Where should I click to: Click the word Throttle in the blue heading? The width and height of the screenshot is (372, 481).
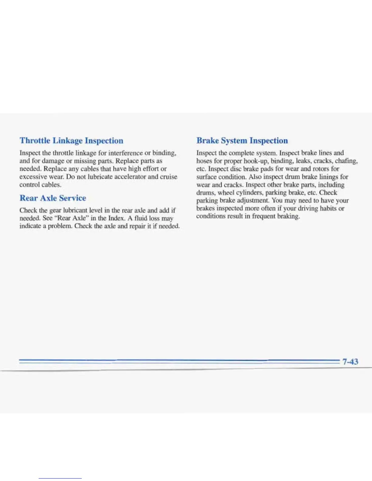pyautogui.click(x=35, y=141)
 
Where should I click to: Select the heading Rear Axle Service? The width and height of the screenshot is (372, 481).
pyautogui.click(x=53, y=198)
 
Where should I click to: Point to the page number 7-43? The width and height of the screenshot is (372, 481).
pyautogui.click(x=350, y=361)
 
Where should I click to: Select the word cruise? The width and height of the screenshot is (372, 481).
pyautogui.click(x=169, y=177)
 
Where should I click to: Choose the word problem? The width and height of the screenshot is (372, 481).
pyautogui.click(x=60, y=226)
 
